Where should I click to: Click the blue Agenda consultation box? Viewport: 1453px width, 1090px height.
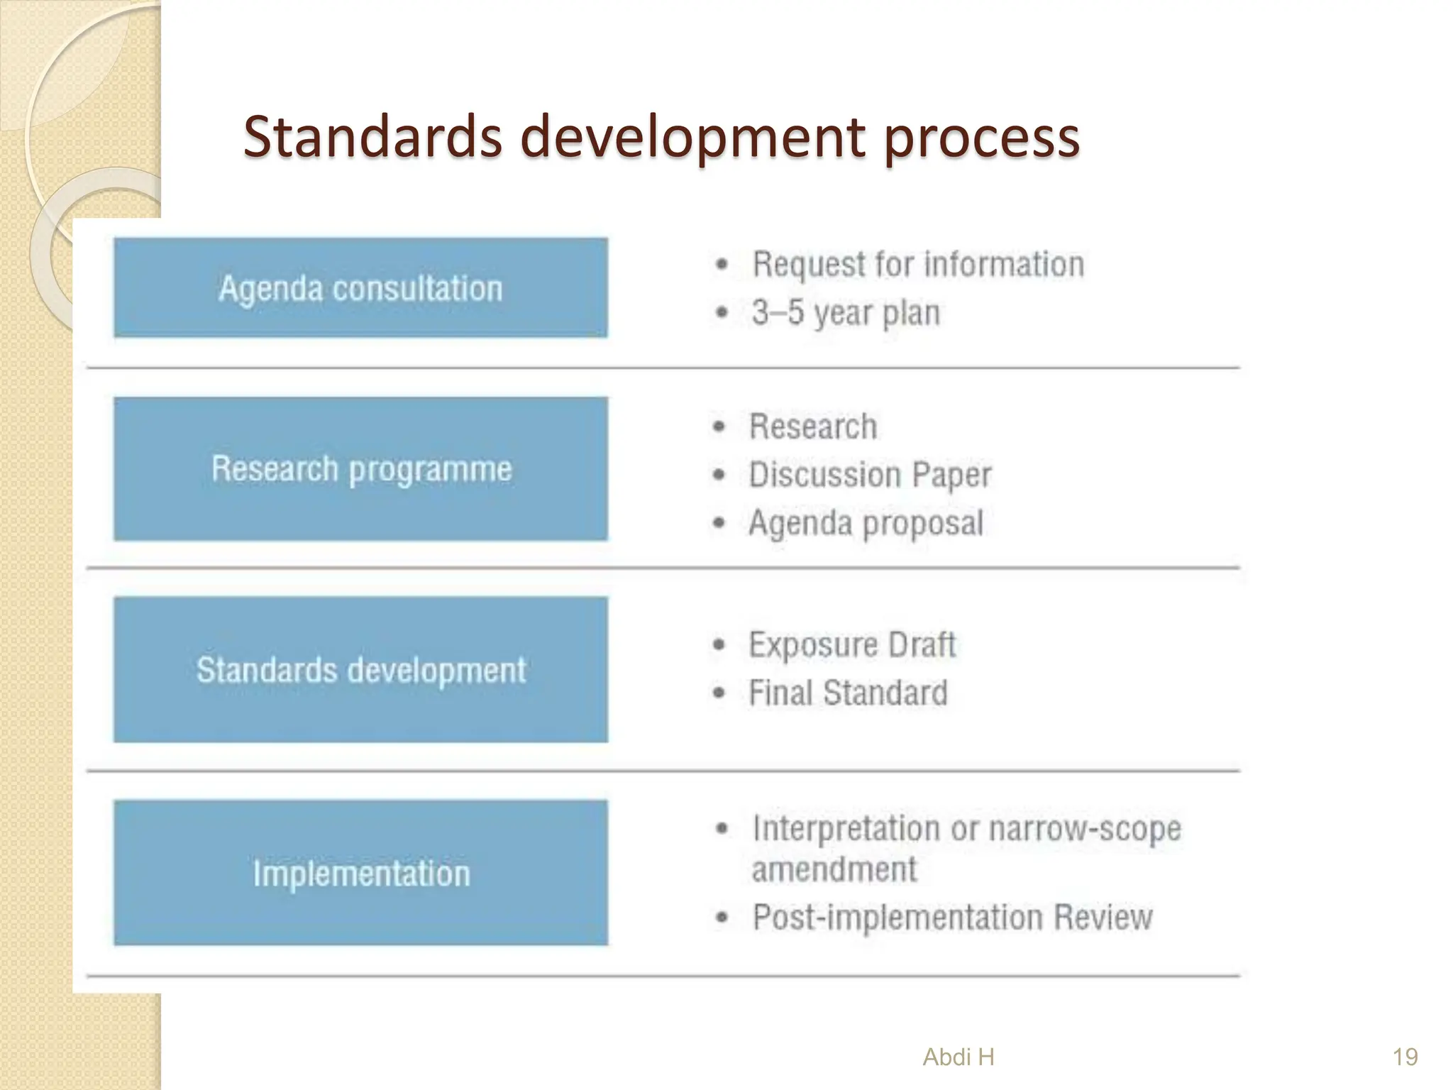tap(360, 287)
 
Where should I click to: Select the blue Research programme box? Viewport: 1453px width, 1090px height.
tap(360, 469)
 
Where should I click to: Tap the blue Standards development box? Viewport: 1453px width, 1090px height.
tap(360, 669)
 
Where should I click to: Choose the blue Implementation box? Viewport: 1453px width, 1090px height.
tap(360, 872)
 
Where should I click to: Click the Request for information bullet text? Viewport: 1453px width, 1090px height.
tap(918, 265)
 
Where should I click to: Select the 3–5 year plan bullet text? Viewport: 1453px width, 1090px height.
tap(846, 313)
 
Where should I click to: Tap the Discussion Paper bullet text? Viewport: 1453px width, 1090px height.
tap(870, 475)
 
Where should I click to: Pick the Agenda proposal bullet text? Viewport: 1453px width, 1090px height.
tap(866, 523)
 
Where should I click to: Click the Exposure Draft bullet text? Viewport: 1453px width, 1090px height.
tap(852, 645)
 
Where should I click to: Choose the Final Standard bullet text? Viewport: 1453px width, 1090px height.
tap(848, 693)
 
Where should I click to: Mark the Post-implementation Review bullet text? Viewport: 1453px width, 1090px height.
tap(952, 917)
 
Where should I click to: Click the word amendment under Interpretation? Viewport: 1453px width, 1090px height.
tap(834, 869)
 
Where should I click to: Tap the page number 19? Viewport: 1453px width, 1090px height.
tap(1405, 1057)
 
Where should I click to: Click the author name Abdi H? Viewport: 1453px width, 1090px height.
tap(958, 1057)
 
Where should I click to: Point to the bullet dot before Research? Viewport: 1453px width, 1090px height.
tap(719, 426)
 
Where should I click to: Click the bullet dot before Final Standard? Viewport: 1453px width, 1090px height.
tap(719, 693)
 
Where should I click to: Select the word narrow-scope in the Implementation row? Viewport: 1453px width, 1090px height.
tap(1085, 828)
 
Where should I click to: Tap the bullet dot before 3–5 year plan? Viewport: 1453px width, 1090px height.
tap(722, 313)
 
